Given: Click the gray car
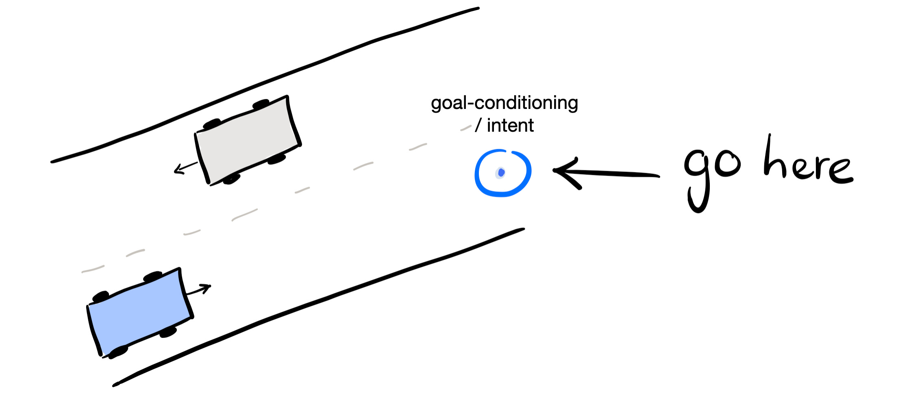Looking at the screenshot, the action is [248, 140].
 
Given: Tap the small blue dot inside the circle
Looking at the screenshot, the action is [501, 173].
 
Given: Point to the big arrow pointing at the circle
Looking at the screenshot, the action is [610, 174].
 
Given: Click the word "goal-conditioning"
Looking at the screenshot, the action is [504, 103].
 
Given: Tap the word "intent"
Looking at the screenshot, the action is [510, 126].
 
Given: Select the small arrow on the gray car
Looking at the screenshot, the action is [185, 167].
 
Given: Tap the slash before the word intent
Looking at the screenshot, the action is [478, 126].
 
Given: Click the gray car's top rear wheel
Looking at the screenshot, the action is [261, 104].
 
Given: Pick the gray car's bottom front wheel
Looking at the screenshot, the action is [231, 179].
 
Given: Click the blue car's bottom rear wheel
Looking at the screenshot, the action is [118, 352].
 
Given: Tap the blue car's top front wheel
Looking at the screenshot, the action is [153, 276].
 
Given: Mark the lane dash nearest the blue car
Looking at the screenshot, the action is [93, 269].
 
